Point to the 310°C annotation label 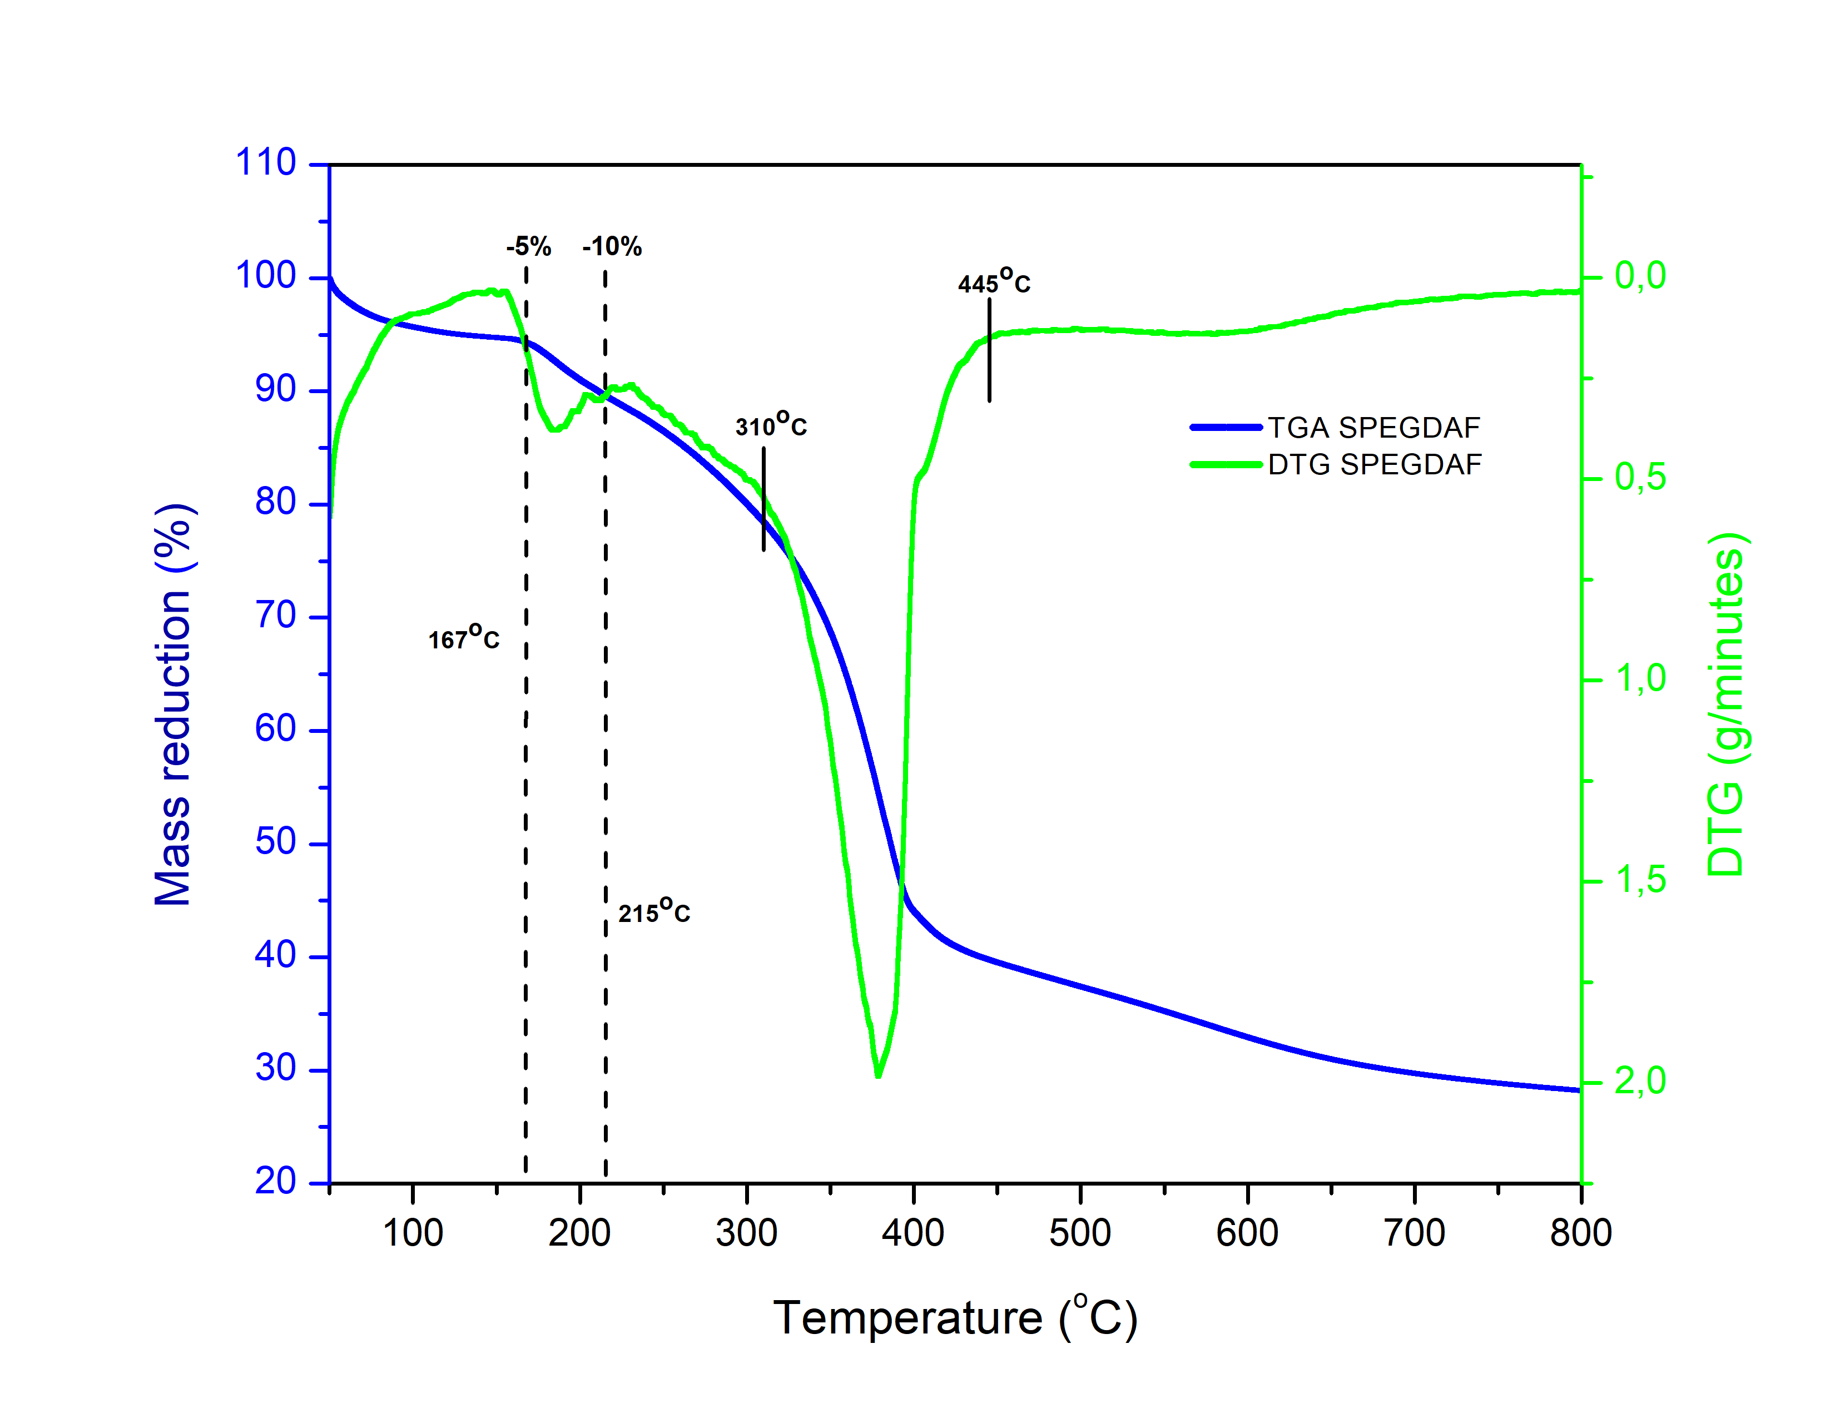[771, 424]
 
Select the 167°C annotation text [464, 638]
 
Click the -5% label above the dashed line [528, 246]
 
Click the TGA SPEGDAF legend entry [1336, 428]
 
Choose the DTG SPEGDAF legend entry [1336, 464]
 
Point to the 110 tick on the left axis [265, 162]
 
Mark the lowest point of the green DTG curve [878, 1075]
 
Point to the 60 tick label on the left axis [276, 728]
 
